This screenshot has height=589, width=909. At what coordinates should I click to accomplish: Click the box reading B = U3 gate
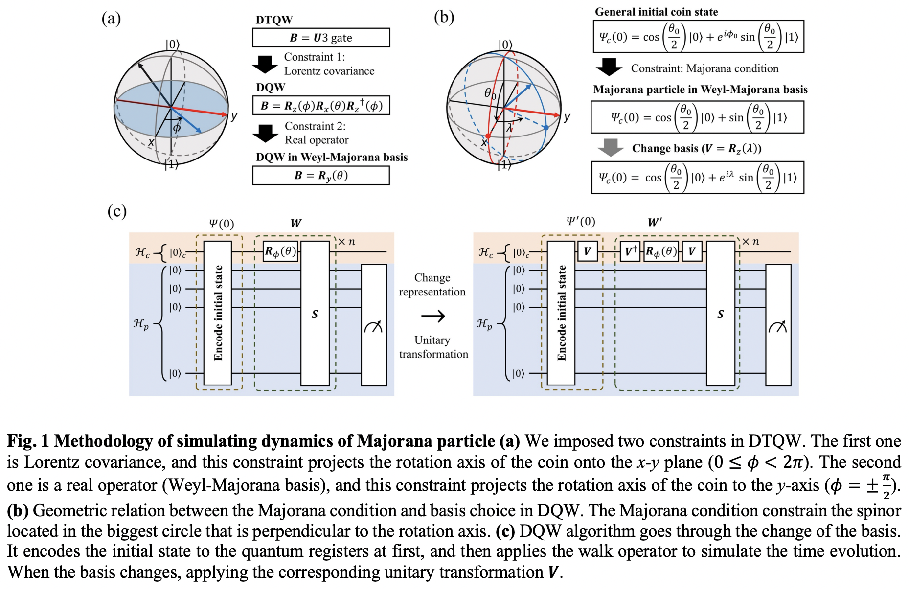click(321, 38)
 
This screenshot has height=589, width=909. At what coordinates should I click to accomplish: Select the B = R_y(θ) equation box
click(321, 176)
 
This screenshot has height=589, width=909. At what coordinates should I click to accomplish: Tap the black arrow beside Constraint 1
click(265, 64)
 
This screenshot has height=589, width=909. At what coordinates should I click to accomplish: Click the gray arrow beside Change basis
click(611, 147)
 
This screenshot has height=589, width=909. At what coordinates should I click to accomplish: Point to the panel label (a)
click(111, 19)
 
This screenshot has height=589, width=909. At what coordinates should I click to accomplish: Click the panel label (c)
click(117, 211)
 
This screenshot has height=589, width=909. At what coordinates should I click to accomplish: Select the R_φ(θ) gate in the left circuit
click(280, 252)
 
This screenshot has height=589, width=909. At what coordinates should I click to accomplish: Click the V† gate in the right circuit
click(630, 251)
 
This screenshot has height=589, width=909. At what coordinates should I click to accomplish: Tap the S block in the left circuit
click(315, 314)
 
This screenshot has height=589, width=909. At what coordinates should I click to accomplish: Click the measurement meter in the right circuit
click(778, 325)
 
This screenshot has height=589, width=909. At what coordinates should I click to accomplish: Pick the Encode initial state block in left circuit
click(218, 313)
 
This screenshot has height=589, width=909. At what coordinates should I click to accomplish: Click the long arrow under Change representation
click(433, 316)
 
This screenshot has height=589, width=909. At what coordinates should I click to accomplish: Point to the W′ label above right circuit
click(655, 223)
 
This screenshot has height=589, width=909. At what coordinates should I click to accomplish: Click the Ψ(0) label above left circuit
click(222, 224)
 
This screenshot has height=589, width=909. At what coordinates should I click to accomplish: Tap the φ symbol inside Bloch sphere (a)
click(177, 128)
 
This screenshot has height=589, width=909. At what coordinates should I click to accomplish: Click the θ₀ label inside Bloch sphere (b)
click(490, 93)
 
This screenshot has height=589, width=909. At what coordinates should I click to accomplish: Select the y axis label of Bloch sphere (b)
click(567, 117)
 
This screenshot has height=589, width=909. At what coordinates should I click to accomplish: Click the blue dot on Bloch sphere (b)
click(546, 127)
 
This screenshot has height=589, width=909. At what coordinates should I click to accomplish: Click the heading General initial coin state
click(656, 12)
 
